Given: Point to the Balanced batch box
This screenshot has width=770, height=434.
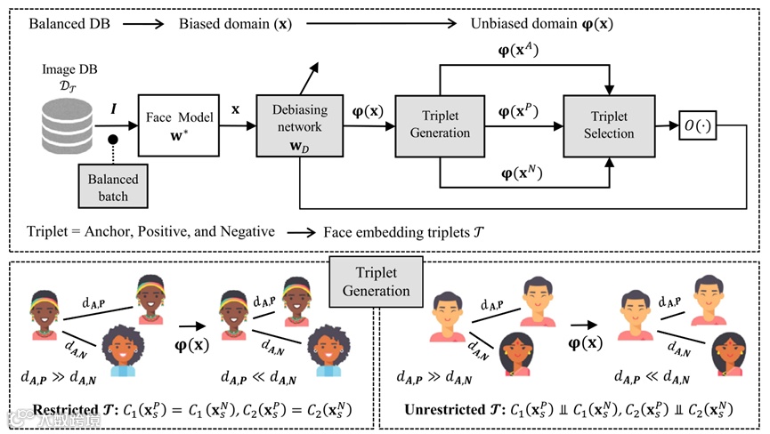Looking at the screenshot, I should (113, 187).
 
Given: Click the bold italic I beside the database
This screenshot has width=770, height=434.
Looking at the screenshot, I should (112, 108).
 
